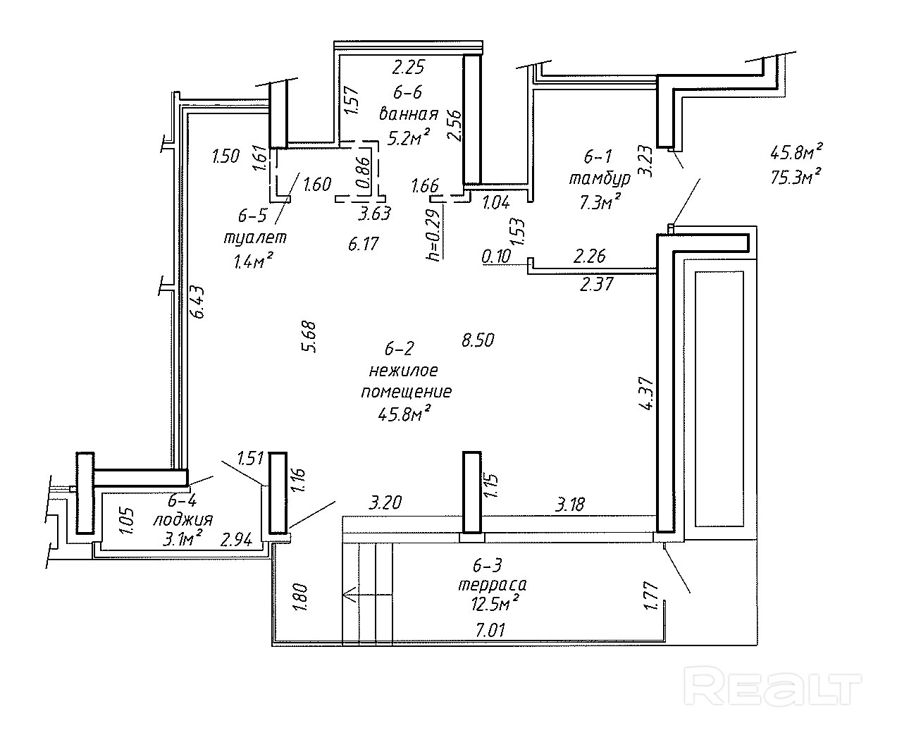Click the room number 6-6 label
[x=408, y=92]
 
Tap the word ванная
[x=409, y=113]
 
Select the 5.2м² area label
[x=409, y=137]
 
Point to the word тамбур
[x=600, y=179]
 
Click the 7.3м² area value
[x=600, y=202]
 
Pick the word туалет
[x=255, y=237]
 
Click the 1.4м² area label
[x=253, y=261]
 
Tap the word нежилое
[x=404, y=370]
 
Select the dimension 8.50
[x=478, y=340]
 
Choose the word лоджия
[x=183, y=520]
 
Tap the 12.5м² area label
[x=495, y=602]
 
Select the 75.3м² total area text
[x=797, y=175]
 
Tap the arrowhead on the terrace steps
[x=347, y=595]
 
